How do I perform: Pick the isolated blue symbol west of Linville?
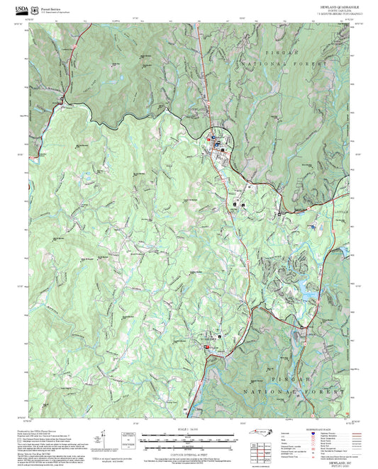[311, 227]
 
